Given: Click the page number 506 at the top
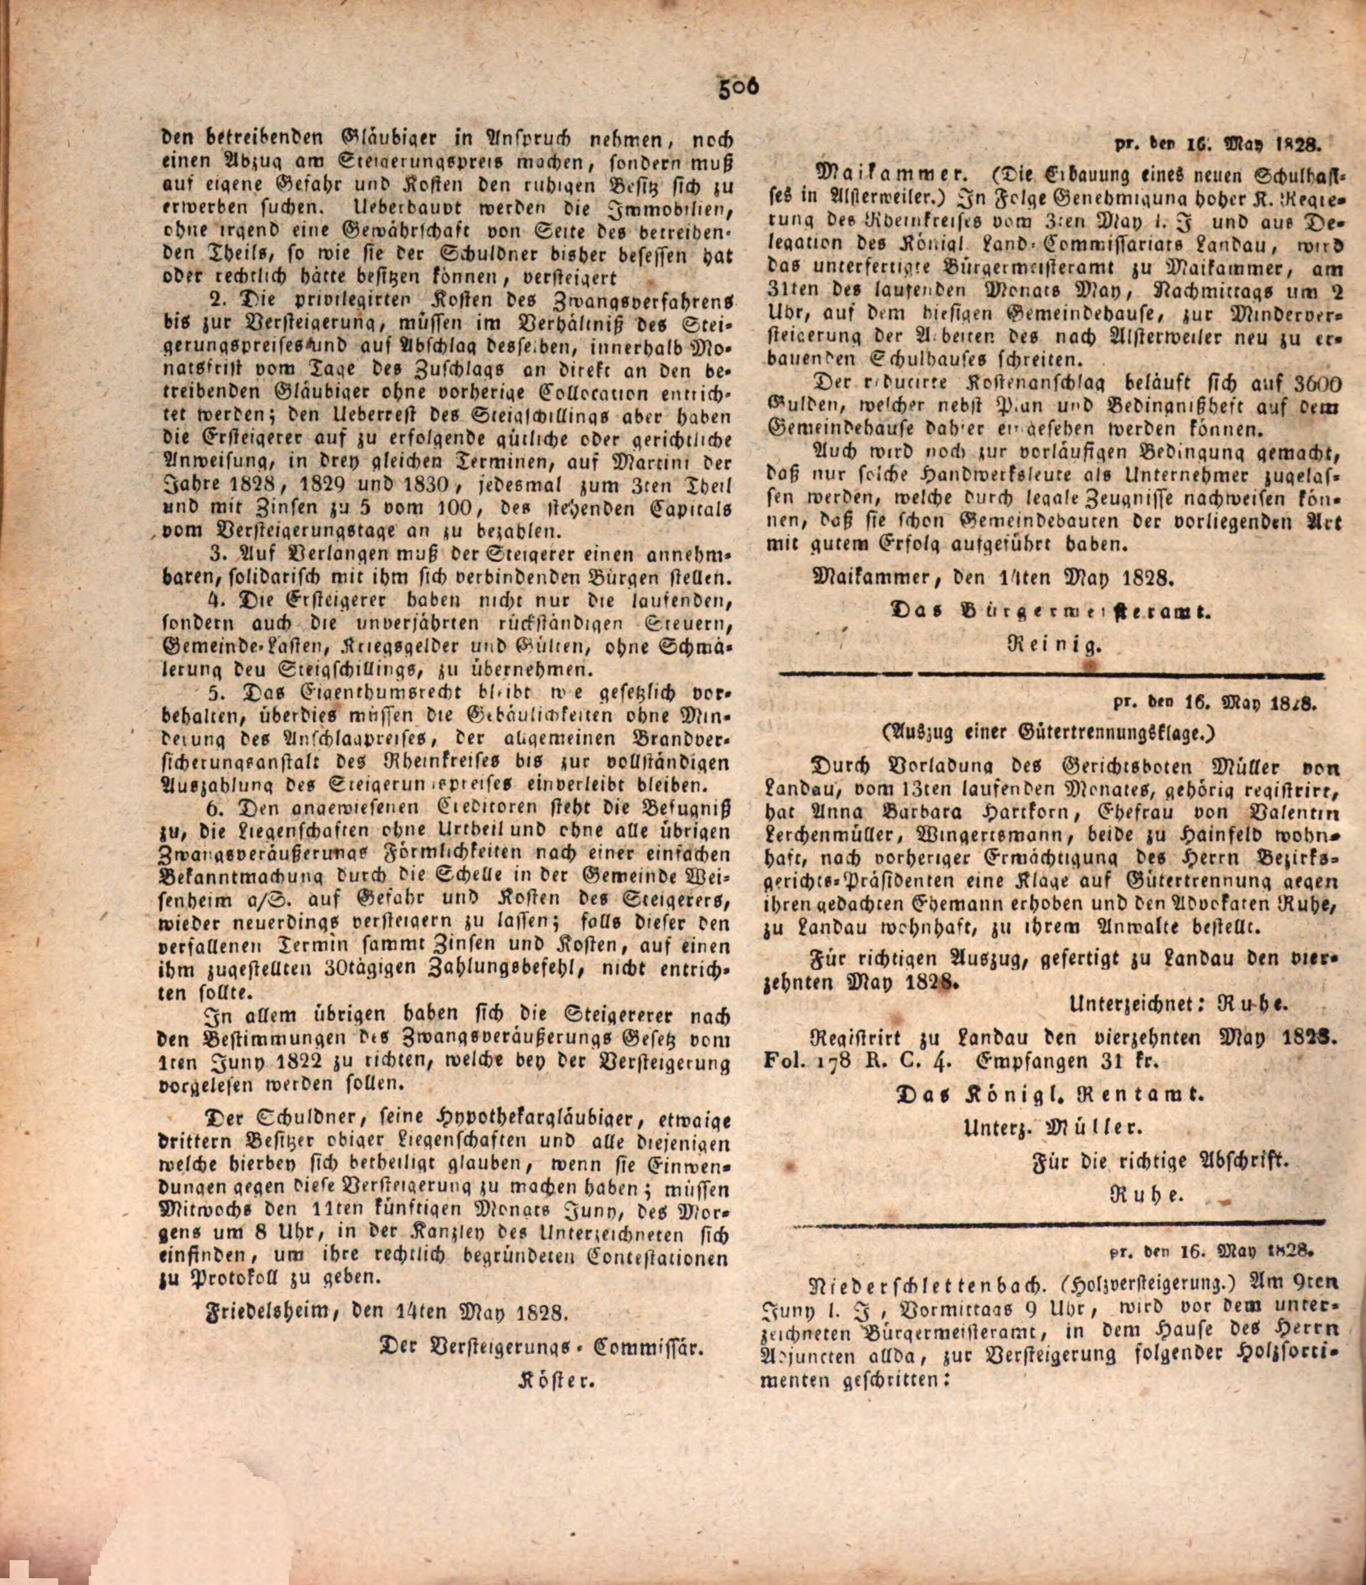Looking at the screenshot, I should [738, 88].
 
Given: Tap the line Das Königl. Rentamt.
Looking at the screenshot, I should [1052, 1095].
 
